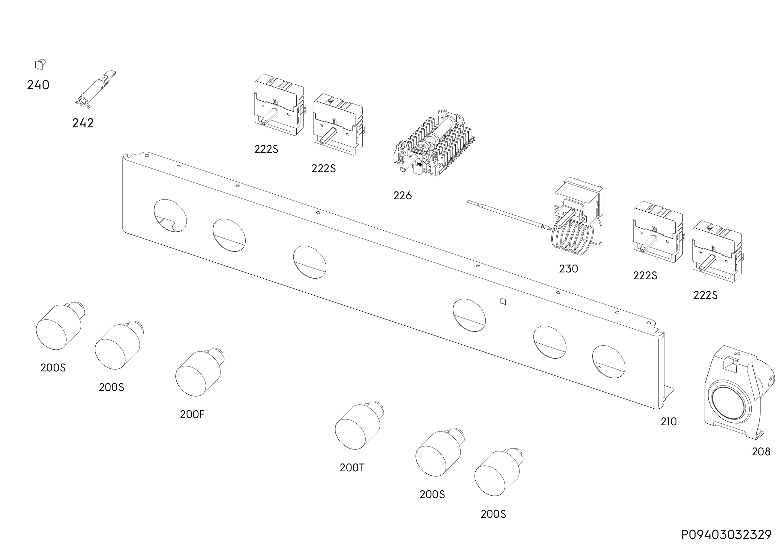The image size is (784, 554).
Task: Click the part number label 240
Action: (38, 85)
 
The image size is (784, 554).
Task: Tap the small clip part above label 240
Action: (41, 64)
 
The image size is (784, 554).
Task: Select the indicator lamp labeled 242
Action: (95, 90)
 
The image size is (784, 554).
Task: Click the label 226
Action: (402, 196)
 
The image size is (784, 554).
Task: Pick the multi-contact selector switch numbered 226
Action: (434, 143)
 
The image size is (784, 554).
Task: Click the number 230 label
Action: (568, 269)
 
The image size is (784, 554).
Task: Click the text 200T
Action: (352, 468)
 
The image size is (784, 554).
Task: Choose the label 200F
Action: (192, 415)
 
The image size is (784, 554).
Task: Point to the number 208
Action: (761, 452)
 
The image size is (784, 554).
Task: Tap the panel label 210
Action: (669, 422)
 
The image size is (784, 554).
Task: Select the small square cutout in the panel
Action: (503, 301)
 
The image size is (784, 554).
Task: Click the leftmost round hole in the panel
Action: (171, 216)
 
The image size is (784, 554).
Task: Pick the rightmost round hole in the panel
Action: (609, 362)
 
